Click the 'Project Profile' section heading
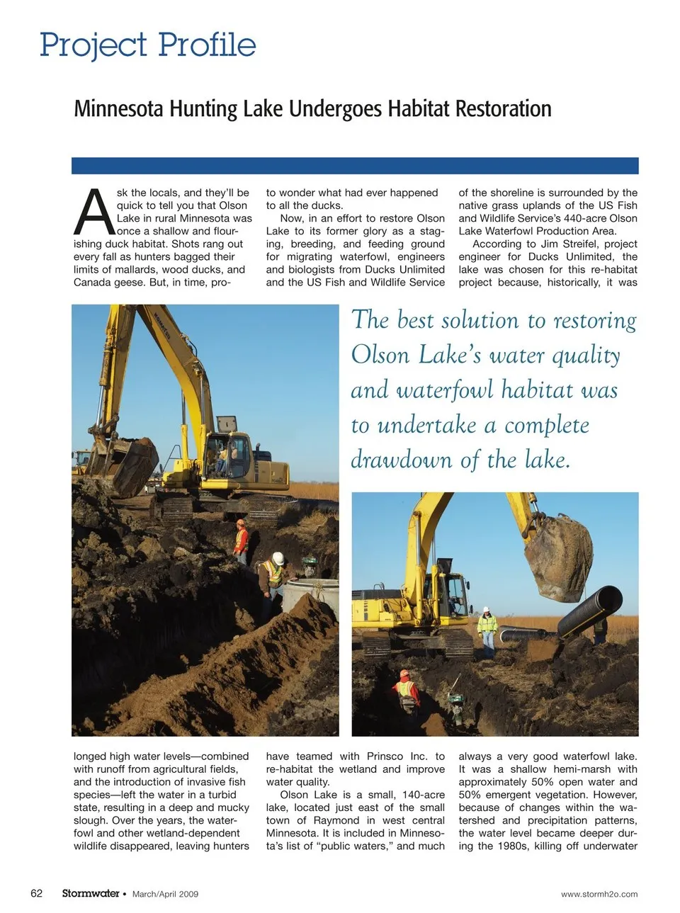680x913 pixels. (147, 45)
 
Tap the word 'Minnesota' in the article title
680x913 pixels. (120, 109)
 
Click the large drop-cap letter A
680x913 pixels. (93, 212)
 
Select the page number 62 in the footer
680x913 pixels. (37, 893)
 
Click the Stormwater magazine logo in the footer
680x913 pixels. (90, 893)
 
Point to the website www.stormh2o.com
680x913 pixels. (599, 894)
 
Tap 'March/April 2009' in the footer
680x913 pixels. (165, 894)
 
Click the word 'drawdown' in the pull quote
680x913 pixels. (402, 460)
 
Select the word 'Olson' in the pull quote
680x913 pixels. (380, 355)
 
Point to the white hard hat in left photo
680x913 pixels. (278, 558)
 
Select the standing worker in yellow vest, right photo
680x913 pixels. (487, 629)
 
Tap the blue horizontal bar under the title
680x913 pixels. (355, 166)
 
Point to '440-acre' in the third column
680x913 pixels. (585, 219)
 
